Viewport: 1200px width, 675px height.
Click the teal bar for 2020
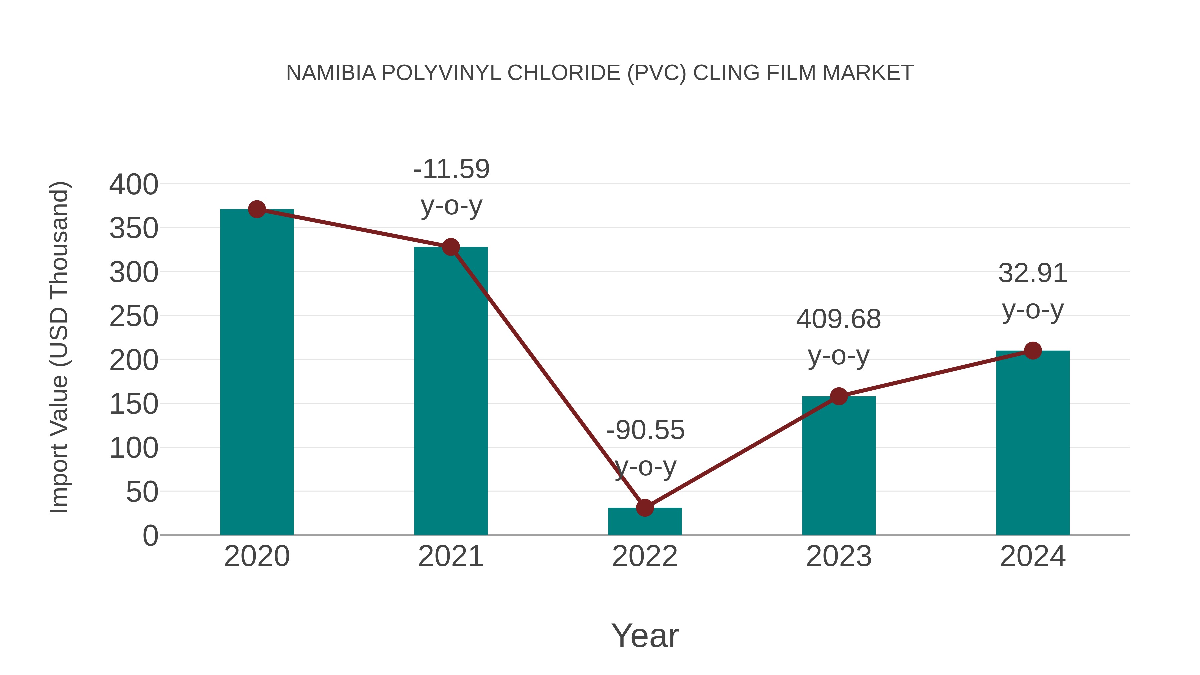tap(257, 373)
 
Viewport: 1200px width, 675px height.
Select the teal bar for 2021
tap(450, 391)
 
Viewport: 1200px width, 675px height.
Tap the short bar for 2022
tap(645, 522)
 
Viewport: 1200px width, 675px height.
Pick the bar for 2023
tap(839, 466)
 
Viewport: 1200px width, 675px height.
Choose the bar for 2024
tap(1033, 443)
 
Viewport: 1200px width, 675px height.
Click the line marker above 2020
tap(257, 210)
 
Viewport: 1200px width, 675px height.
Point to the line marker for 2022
tap(645, 508)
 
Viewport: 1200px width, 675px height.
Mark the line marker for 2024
tap(1033, 350)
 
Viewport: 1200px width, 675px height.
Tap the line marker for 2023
tap(839, 396)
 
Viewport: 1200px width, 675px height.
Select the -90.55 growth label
tap(645, 430)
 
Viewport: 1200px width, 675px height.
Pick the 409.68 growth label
tap(839, 320)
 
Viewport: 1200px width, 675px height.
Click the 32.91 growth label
tap(1032, 273)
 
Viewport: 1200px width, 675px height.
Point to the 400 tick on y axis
tap(134, 184)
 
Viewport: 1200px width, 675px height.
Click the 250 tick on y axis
tap(134, 317)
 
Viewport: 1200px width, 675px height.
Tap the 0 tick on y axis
tap(150, 536)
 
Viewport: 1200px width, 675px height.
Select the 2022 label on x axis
tap(645, 556)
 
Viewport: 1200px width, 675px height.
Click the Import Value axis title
tap(60, 347)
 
